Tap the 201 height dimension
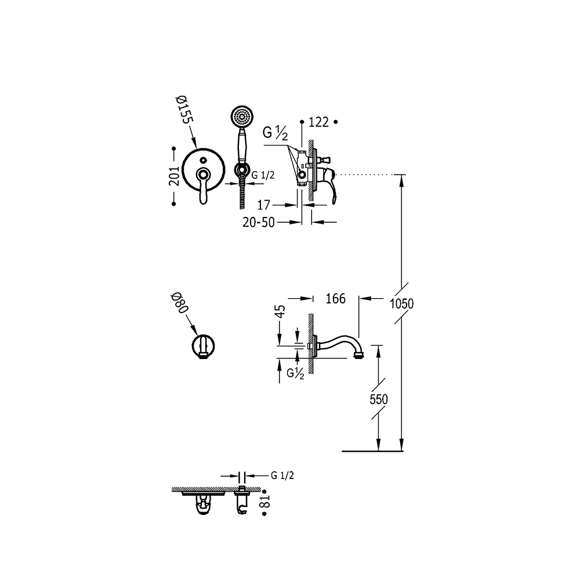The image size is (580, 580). point(174,176)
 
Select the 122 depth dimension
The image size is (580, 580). point(318,122)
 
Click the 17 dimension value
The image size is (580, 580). point(264,205)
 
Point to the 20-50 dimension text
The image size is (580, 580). point(259,222)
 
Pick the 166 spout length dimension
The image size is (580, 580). point(335,298)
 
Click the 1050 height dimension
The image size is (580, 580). point(402,304)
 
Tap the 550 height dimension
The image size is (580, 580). point(379,400)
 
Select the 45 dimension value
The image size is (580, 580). point(281,311)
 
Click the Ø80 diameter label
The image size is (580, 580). point(180,303)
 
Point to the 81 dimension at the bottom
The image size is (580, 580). point(265,502)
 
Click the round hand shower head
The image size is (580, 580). point(242,116)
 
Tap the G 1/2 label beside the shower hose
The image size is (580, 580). point(263,175)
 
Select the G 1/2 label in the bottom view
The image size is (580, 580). point(282,476)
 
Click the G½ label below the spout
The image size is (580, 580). point(295,374)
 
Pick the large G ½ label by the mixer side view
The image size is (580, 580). point(275,133)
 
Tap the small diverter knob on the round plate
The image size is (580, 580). point(202,160)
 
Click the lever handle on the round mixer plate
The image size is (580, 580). point(202,186)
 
